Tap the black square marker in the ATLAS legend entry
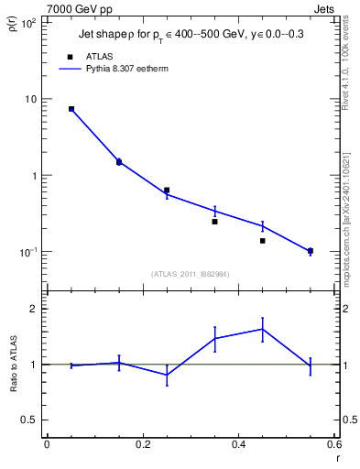coord(71,56)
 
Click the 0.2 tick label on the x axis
coord(142,444)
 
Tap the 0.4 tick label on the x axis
coord(238,444)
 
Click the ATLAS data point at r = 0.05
coord(71,109)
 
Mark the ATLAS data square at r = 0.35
coord(214,222)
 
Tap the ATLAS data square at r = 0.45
coord(262,241)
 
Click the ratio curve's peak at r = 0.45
coord(262,329)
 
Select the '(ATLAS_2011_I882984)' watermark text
coord(190,273)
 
